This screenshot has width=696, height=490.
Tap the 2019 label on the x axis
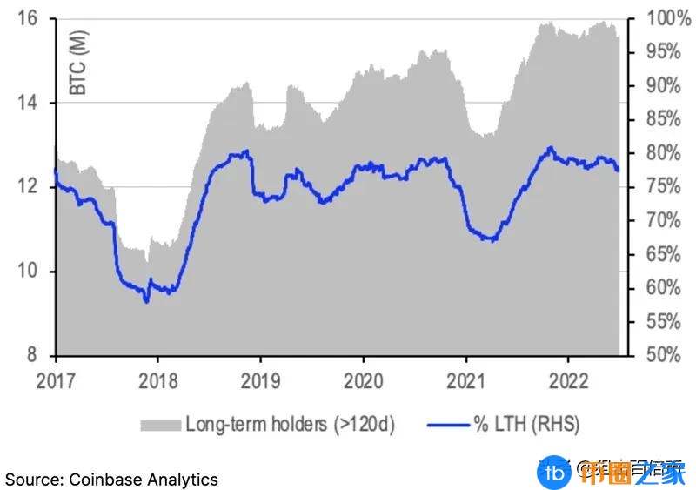[x=260, y=379]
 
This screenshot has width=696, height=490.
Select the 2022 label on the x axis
[x=568, y=379]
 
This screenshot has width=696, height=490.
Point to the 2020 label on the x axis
[x=363, y=379]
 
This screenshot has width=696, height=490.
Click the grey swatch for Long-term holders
[x=158, y=425]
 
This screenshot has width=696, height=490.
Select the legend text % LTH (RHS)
[x=525, y=425]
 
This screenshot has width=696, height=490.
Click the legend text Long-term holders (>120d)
[x=290, y=425]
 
